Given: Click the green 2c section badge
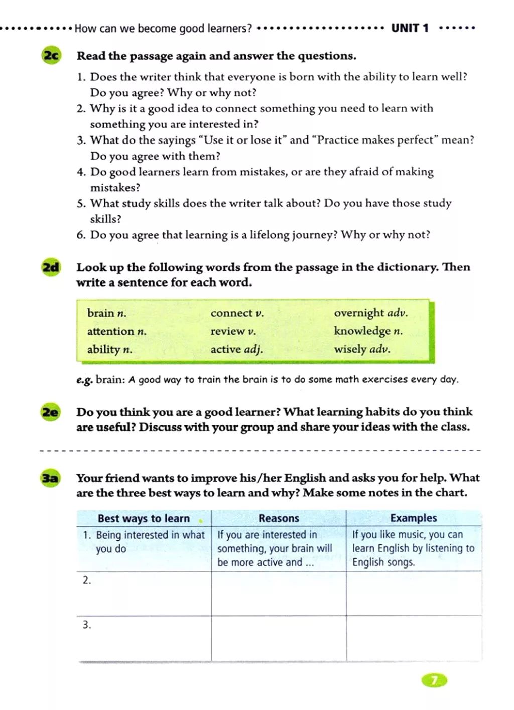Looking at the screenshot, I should pyautogui.click(x=51, y=55).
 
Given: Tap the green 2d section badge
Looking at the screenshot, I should pyautogui.click(x=51, y=267).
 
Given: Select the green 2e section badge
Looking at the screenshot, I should pyautogui.click(x=51, y=412).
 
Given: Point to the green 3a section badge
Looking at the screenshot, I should pyautogui.click(x=51, y=478).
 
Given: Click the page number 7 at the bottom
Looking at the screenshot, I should pyautogui.click(x=434, y=680).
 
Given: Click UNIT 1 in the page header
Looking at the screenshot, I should pyautogui.click(x=410, y=28).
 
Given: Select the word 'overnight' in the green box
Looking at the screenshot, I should pyautogui.click(x=358, y=313).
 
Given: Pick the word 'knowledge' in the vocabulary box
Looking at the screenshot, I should pyautogui.click(x=362, y=331).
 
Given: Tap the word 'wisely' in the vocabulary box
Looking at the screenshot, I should pyautogui.click(x=350, y=349).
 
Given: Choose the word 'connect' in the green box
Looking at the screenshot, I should pyautogui.click(x=231, y=313).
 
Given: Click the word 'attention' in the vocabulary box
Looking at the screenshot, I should pyautogui.click(x=110, y=331).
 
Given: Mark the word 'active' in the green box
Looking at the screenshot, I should pyautogui.click(x=226, y=349).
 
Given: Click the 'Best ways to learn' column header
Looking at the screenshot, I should pyautogui.click(x=144, y=518).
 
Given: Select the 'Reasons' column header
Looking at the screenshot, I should pyautogui.click(x=279, y=518).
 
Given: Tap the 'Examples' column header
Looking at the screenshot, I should pyautogui.click(x=413, y=518).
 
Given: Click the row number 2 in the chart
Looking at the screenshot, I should pyautogui.click(x=87, y=580).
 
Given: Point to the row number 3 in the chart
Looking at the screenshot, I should pyautogui.click(x=87, y=625).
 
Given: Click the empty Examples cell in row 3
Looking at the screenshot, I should pyautogui.click(x=414, y=638).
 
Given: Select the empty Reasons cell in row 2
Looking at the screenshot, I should pyautogui.click(x=279, y=594).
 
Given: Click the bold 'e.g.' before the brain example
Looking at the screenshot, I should pyautogui.click(x=84, y=380).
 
